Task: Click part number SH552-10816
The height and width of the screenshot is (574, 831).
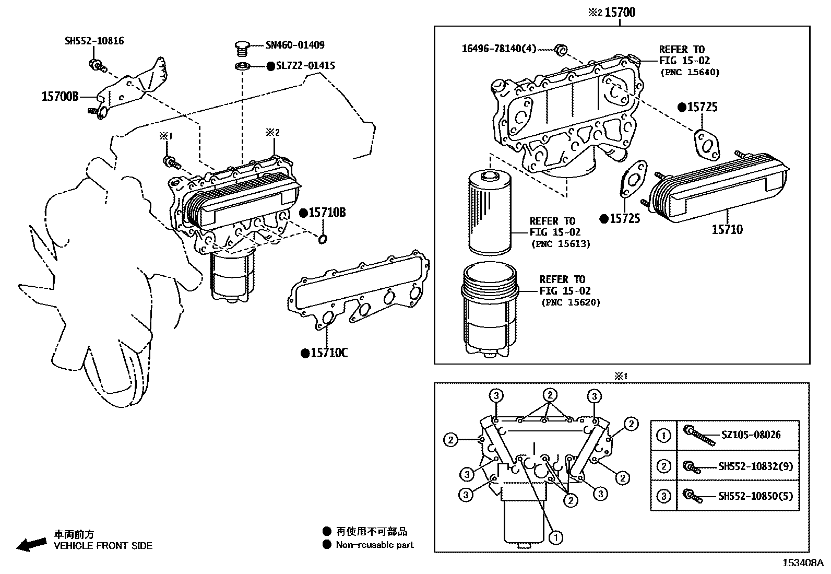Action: [94, 41]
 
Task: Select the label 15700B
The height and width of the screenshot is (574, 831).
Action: [60, 97]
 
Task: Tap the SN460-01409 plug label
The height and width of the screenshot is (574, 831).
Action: [295, 45]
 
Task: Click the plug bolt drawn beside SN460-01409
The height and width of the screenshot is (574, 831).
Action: [241, 49]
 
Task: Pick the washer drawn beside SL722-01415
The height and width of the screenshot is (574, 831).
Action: [242, 66]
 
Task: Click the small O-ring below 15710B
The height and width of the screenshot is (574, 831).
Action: [323, 239]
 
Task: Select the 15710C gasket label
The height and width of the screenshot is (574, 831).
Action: [329, 353]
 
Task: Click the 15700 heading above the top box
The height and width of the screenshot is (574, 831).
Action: [620, 12]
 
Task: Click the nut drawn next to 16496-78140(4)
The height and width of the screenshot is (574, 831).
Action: [560, 50]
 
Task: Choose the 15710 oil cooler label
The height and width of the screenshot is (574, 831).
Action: [727, 229]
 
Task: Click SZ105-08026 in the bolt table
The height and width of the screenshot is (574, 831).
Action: [751, 435]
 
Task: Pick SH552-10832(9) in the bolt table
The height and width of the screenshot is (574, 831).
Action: [755, 466]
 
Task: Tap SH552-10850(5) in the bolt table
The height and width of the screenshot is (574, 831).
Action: [755, 496]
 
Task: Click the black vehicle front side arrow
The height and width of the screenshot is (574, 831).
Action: [31, 544]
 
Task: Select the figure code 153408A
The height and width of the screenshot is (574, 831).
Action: [802, 563]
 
